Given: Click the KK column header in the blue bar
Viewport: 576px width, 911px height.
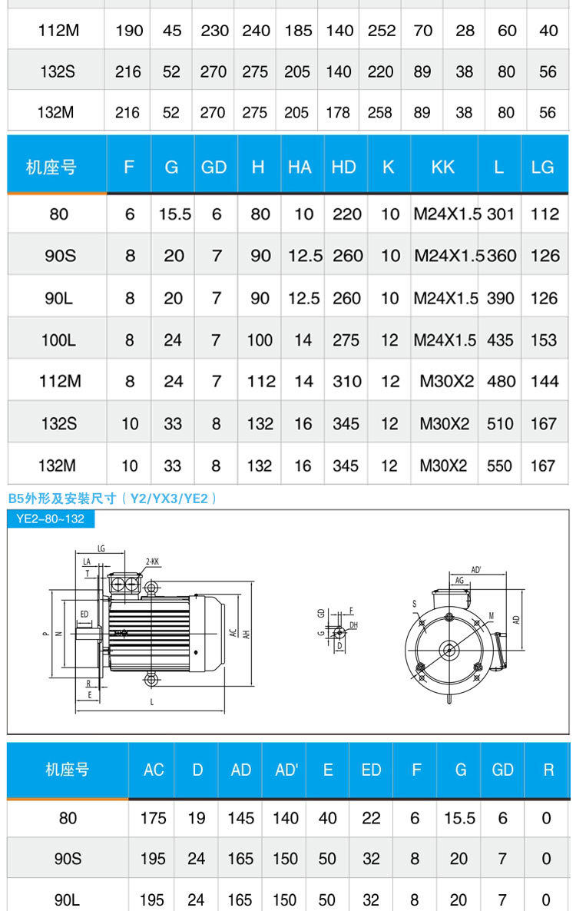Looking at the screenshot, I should pos(442,167).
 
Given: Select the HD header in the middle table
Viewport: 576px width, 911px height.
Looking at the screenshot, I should pos(343,167).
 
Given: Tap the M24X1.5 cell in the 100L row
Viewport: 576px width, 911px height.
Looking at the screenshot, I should pos(445,340).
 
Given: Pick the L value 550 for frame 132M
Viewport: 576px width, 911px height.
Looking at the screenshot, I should pos(500,465).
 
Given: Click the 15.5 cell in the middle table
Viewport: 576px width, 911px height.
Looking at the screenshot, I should pos(174,214).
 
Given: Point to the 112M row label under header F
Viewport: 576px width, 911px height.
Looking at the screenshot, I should pos(60,381).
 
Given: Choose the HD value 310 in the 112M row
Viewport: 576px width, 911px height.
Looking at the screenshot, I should pos(346,381).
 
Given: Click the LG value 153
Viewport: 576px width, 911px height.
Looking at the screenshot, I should pos(544,340).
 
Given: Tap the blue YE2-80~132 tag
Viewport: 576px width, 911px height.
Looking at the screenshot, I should pos(51,518).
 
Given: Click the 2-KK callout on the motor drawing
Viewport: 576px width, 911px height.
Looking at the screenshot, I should pos(152,562).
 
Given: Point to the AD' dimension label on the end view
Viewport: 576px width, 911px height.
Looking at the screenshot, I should pos(476,569).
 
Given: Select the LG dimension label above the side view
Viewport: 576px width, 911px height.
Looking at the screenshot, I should pos(101,548).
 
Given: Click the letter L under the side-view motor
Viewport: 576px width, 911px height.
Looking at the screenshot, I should pos(152,702).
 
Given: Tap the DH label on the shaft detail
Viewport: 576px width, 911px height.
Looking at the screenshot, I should pos(353,626).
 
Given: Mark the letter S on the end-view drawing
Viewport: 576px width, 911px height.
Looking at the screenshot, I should pos(415,605).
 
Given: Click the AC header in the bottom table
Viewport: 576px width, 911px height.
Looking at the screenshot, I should pos(154,770).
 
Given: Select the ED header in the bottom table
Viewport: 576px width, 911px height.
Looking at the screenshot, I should pos(371,770).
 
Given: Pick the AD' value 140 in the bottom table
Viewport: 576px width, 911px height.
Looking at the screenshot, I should pos(285,818).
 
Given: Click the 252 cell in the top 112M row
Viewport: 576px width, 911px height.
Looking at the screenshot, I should pos(381,31).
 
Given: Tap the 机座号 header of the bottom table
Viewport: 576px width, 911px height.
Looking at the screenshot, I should pos(67,770).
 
